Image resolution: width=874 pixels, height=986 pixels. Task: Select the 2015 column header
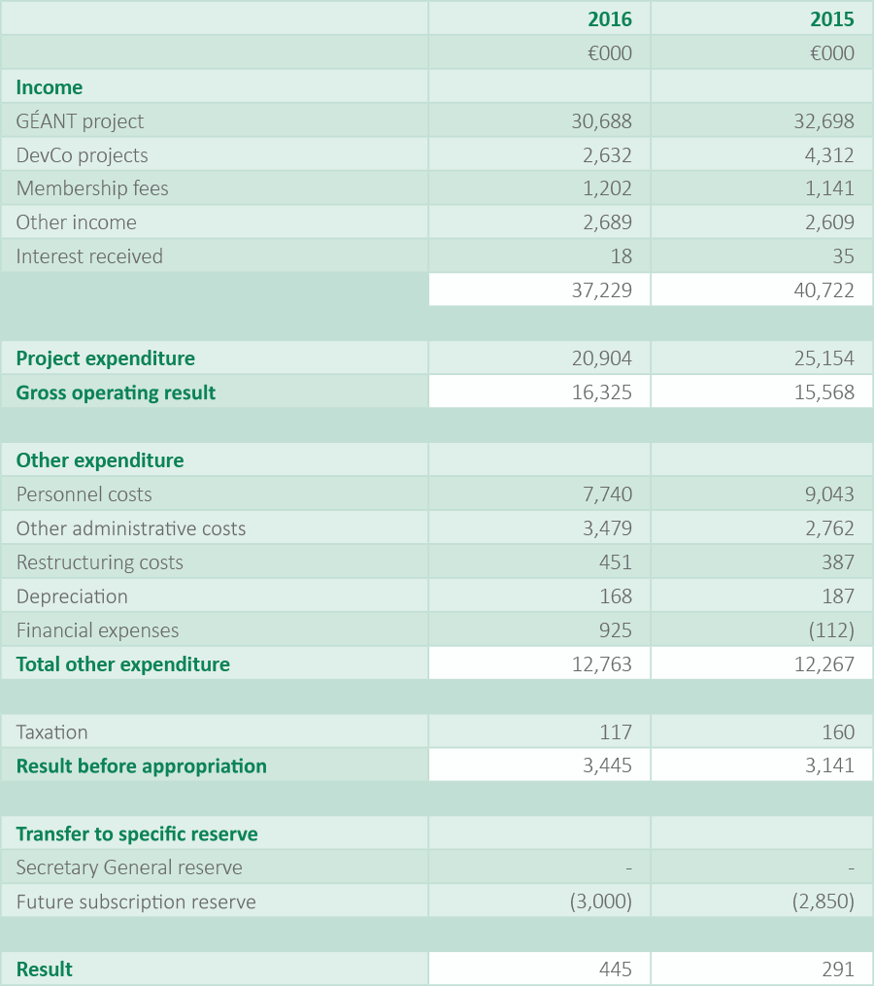coord(832,19)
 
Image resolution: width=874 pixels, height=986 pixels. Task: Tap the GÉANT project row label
coord(80,121)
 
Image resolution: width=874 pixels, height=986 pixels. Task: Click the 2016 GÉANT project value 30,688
coord(601,121)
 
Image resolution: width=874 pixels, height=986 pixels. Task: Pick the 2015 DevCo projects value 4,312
coord(830,155)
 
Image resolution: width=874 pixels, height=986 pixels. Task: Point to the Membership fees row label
coord(92,188)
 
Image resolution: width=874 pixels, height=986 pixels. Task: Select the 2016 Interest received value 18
coord(622,256)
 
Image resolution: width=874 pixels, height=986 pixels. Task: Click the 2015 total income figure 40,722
coord(824,290)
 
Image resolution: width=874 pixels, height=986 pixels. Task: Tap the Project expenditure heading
coord(105,358)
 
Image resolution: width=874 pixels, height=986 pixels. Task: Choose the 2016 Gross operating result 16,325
coord(601,392)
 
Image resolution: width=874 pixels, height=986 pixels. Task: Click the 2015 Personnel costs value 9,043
coord(829,494)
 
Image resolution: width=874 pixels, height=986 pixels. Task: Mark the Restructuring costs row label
coord(99,562)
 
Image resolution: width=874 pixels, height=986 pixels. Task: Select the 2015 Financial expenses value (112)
coord(830,630)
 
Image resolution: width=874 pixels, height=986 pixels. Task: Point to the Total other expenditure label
coord(122,664)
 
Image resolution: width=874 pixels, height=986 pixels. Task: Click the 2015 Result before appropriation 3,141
coord(829,765)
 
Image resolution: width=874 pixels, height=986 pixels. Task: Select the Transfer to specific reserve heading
coord(137,834)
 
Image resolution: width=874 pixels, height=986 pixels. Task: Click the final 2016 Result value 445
coord(616,969)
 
